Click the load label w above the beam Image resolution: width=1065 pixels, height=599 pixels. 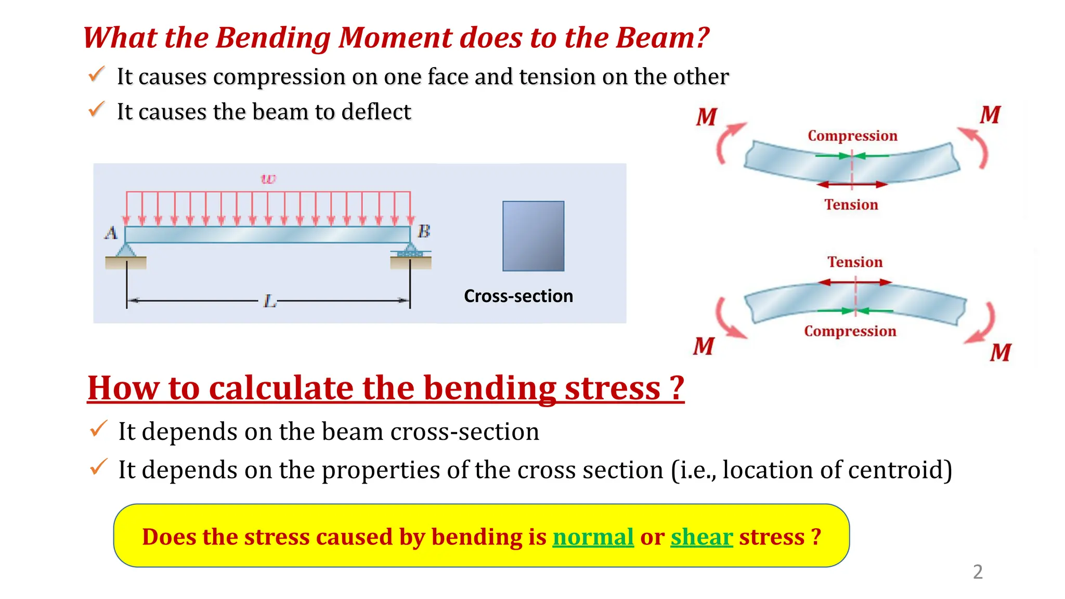coord(268,179)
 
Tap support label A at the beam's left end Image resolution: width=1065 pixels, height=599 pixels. coord(111,232)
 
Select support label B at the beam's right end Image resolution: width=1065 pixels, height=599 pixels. coord(424,231)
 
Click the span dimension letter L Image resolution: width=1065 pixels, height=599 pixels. coord(269,301)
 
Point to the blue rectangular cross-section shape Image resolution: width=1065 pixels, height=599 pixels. coord(533,236)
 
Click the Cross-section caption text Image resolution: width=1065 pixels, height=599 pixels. coord(518,296)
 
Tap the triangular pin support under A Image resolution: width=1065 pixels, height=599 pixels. coord(125,250)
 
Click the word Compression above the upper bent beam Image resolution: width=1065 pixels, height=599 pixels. coord(852,136)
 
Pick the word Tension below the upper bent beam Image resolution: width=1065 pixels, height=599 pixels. coord(851,205)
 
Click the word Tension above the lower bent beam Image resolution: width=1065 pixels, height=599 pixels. coord(855,262)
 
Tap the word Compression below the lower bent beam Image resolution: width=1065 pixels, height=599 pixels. coord(850,331)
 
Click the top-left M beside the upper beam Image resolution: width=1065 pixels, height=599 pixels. coord(707,117)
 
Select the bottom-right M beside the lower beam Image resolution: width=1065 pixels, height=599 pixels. coord(1000,353)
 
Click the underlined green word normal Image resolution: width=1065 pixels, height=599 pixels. coord(593,537)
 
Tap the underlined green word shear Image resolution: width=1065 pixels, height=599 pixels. coord(702,537)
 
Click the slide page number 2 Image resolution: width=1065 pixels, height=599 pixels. coord(978,572)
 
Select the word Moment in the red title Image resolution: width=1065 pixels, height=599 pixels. coord(396,38)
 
